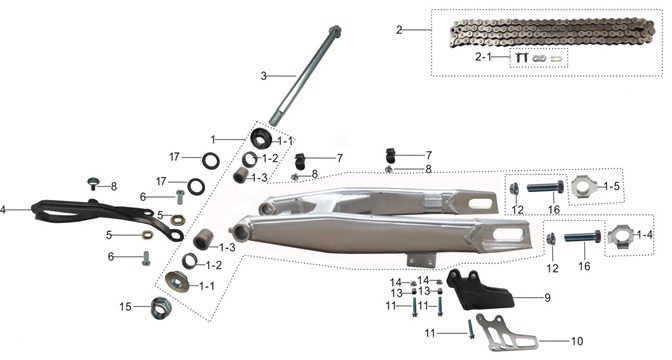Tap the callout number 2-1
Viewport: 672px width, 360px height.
tap(485, 59)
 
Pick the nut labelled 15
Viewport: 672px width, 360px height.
tap(159, 308)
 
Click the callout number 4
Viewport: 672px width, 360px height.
tap(4, 210)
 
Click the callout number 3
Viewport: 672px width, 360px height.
tap(264, 75)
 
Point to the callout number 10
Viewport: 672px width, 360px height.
tap(577, 341)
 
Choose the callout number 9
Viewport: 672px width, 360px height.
tap(547, 297)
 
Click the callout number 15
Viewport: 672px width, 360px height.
tap(126, 306)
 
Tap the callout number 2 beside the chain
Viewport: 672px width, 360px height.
tap(399, 30)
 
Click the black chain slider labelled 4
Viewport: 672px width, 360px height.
tap(90, 213)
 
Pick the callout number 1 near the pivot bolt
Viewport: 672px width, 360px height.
tap(213, 138)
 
